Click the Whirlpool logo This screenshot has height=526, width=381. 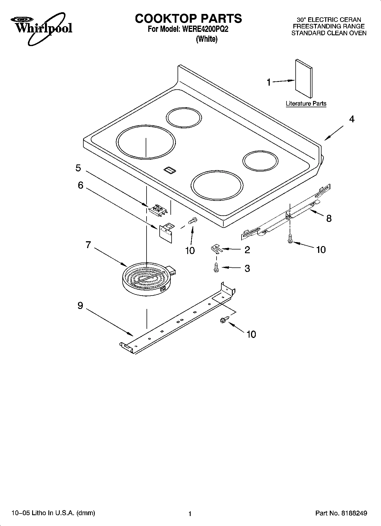[x=42, y=28]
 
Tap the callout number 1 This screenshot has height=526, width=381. [x=269, y=82]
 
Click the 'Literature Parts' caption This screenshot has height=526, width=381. [x=306, y=104]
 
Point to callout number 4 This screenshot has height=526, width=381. [x=352, y=119]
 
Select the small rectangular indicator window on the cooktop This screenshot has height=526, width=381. [x=170, y=170]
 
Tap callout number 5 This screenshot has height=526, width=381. [x=78, y=168]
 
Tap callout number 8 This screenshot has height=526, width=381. [x=329, y=218]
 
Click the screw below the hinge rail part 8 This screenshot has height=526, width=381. [x=290, y=238]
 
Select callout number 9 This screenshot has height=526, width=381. [x=80, y=306]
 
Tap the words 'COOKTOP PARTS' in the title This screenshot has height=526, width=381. [x=188, y=18]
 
